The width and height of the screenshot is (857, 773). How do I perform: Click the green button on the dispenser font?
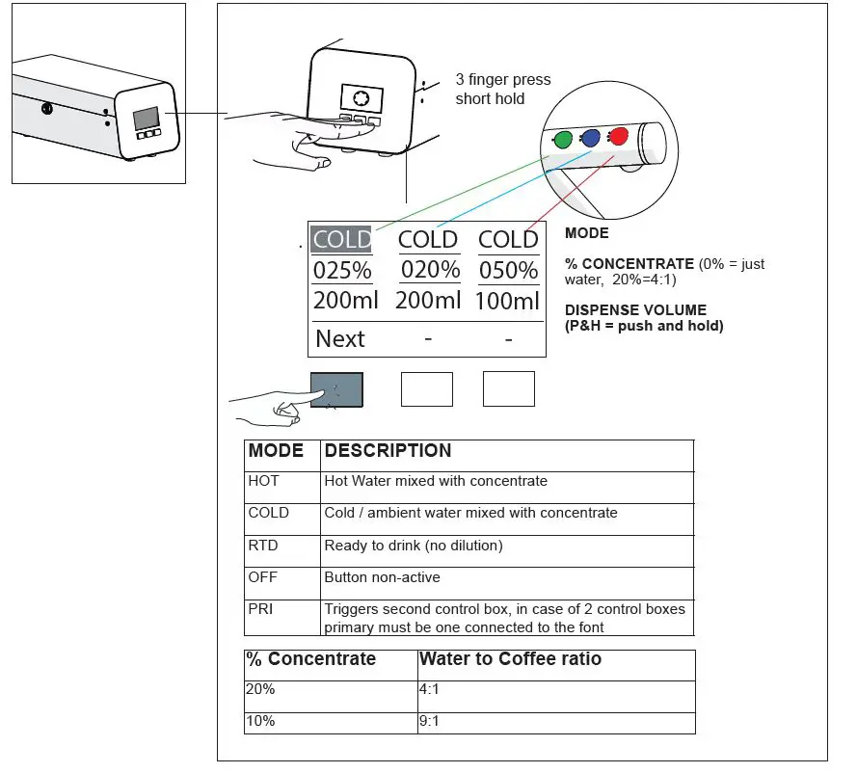point(562,141)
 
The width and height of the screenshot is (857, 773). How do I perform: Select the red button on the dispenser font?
point(619,136)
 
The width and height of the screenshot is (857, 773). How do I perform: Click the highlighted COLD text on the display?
point(341,239)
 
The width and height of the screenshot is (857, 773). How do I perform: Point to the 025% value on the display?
point(342,270)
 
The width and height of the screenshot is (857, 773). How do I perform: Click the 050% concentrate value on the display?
point(508,270)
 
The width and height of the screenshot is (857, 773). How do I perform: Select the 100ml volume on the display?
point(508,300)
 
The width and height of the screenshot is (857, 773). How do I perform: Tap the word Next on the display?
point(339,338)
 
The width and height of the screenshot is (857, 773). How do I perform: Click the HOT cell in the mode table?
point(264,481)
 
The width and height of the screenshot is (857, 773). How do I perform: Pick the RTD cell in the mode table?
point(263,546)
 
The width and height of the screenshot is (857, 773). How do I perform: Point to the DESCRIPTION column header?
point(388,451)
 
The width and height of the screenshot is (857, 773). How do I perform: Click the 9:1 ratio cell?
point(430,721)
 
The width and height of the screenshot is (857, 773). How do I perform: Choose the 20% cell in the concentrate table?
point(261,689)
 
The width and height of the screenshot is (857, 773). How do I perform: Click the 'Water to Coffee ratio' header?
point(510,659)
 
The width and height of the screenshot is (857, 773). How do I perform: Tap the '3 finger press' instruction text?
point(502,80)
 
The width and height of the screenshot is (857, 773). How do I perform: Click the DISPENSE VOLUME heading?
point(635,310)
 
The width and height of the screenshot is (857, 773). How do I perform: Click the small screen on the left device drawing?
point(146,119)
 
